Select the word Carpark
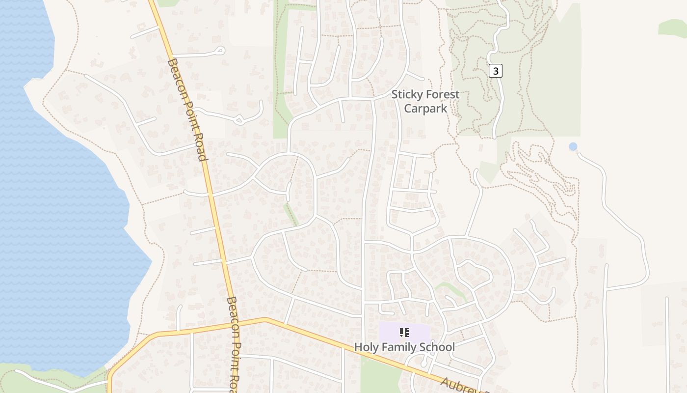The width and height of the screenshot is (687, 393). pos(425,108)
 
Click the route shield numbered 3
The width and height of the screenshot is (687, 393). pos(496,71)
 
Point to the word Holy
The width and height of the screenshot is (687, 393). pos(366,347)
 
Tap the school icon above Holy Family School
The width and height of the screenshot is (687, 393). pos(404,333)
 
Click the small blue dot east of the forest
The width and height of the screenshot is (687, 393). pos(573,146)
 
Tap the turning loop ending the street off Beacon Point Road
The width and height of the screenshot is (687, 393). pos(220,50)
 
